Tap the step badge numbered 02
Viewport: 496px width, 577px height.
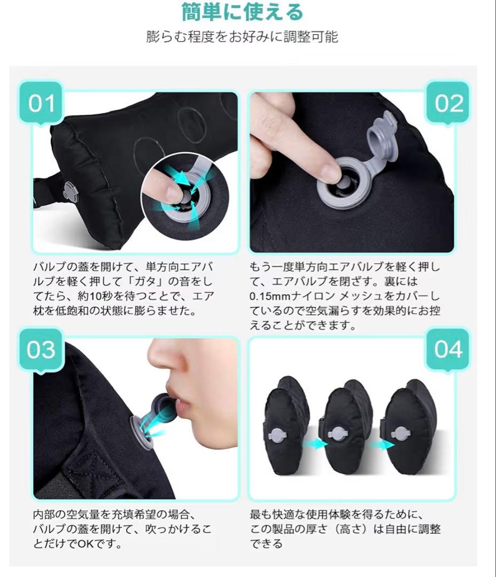(x=448, y=104)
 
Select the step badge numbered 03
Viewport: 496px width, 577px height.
(x=41, y=350)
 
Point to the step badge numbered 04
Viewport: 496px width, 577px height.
(x=448, y=350)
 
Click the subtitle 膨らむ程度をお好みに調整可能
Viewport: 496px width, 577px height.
(x=242, y=37)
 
